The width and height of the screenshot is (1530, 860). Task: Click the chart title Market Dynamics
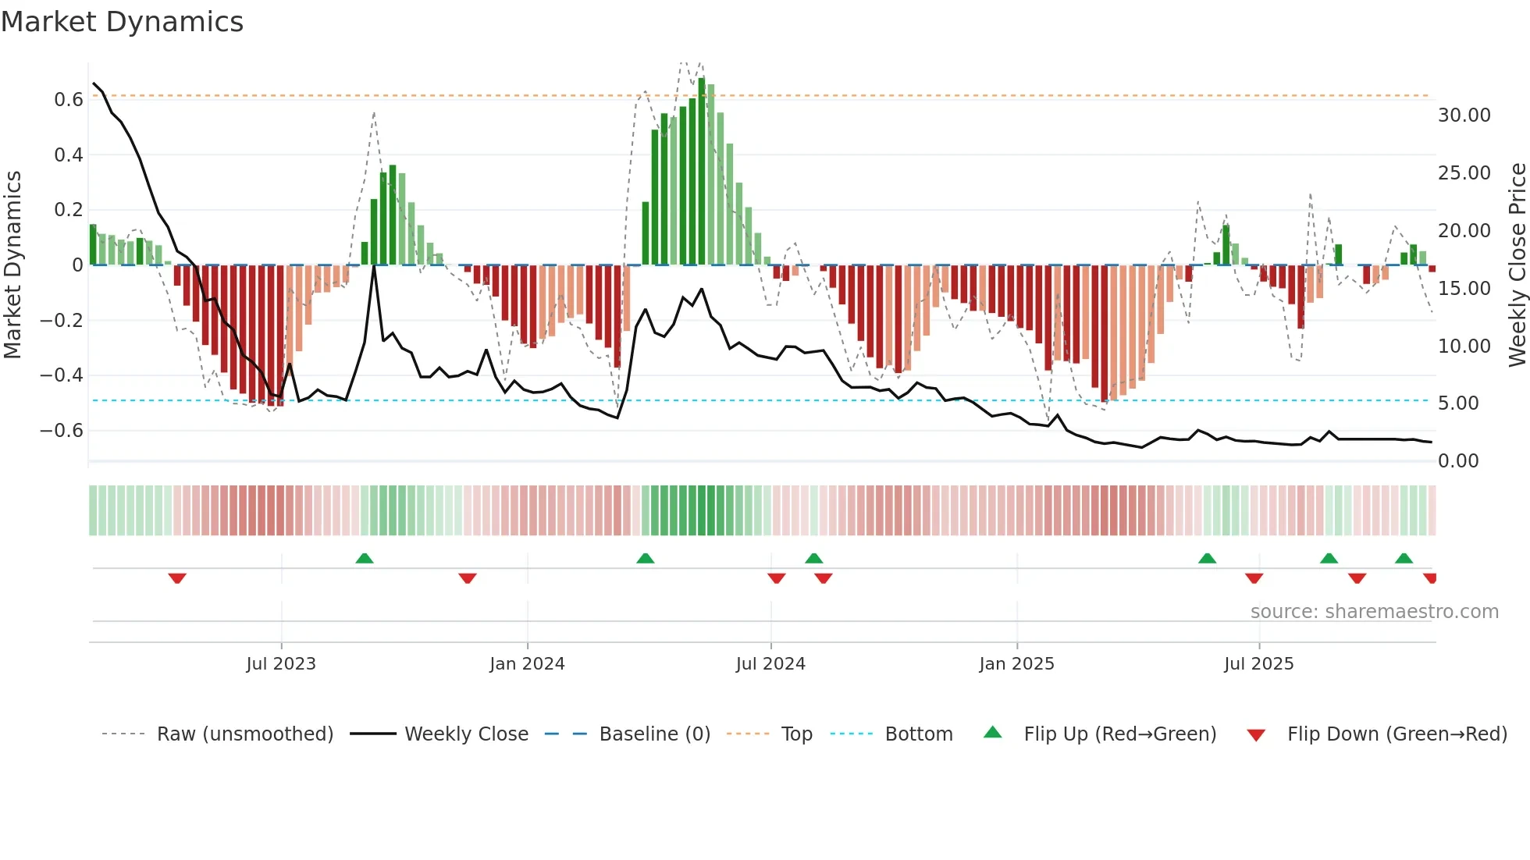pos(123,22)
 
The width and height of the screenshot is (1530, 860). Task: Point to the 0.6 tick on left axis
pos(69,100)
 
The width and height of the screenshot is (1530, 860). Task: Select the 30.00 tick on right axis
pos(1464,115)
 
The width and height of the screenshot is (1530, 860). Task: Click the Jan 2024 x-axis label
pos(527,664)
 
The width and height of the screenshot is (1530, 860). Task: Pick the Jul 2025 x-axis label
pos(1258,664)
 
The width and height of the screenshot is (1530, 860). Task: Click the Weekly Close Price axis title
pos(1517,265)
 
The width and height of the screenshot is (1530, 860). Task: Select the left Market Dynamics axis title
pos(13,265)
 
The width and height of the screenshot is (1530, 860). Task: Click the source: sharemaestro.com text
pos(1374,612)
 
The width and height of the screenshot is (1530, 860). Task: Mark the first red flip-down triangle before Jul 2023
pos(177,578)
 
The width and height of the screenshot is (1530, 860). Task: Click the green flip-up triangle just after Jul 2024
pos(813,558)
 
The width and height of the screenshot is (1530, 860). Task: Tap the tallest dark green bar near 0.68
pos(701,172)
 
